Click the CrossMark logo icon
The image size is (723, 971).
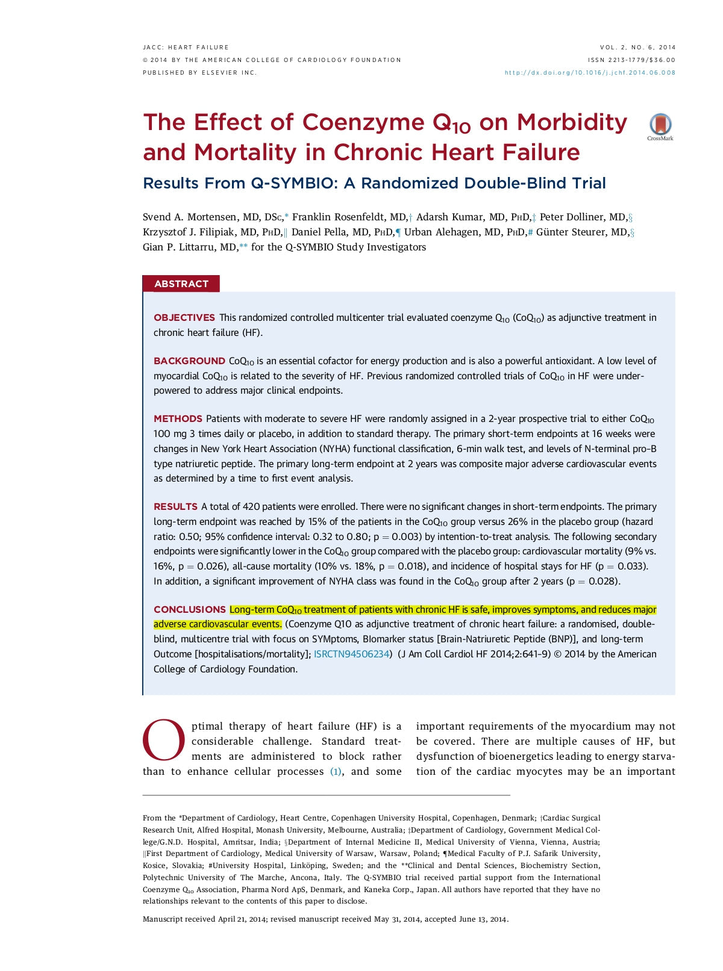[x=660, y=125]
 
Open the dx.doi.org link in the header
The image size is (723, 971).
[x=590, y=73]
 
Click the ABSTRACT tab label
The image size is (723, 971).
[x=181, y=284]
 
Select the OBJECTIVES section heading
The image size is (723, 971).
[x=184, y=317]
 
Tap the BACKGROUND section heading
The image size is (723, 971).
[x=189, y=361]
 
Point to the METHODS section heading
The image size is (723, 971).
[x=178, y=418]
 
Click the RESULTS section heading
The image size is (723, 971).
[x=175, y=506]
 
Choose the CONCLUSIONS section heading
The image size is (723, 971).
[x=189, y=609]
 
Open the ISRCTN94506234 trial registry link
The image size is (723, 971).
[x=352, y=654]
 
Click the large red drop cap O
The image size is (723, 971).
[x=163, y=740]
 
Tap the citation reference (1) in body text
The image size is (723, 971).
[x=336, y=771]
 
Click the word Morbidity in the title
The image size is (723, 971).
[x=572, y=122]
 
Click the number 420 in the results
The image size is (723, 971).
[x=251, y=506]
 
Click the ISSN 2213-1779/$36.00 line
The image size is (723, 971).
[x=631, y=60]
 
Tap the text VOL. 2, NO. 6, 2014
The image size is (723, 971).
[x=637, y=47]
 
